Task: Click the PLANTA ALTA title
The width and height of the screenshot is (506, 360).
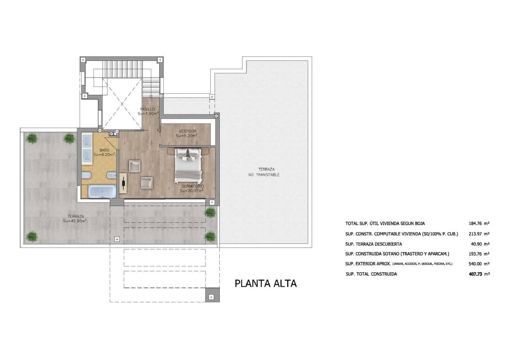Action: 266,284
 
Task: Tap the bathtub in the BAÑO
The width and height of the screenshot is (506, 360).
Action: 102,192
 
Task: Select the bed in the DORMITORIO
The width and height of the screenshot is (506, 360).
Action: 188,165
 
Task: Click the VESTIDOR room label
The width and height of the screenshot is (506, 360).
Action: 188,131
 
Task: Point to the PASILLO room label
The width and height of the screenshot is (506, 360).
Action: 148,109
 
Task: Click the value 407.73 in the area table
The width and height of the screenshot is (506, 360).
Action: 475,274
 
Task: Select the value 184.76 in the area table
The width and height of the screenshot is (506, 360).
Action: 475,224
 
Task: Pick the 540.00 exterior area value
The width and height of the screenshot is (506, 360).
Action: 475,264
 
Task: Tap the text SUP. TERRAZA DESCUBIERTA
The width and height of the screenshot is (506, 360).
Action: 373,244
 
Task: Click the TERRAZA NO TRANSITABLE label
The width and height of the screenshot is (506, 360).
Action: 264,172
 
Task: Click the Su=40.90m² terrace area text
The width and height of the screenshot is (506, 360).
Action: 76,221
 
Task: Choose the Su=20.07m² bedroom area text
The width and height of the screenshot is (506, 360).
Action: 192,191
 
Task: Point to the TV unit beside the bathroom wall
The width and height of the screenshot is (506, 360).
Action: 123,183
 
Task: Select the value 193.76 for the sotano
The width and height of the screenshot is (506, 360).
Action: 475,254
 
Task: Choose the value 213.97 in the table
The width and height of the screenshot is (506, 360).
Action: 475,234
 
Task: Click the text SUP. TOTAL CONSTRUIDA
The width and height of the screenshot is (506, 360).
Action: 371,274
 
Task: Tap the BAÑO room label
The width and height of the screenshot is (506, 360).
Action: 104,150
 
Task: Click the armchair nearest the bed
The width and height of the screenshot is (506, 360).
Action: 147,183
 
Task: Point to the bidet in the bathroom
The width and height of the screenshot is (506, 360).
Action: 112,175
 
